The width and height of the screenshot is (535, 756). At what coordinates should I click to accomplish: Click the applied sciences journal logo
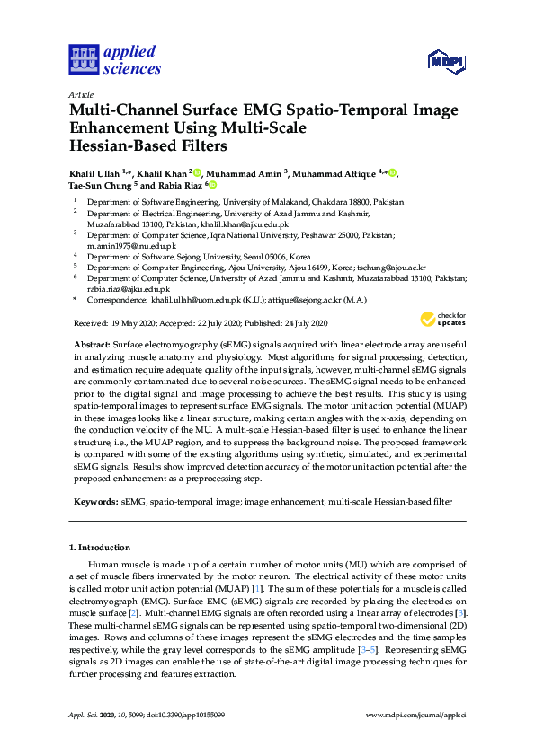coord(115,59)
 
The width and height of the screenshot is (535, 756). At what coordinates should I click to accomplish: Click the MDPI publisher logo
coord(445,60)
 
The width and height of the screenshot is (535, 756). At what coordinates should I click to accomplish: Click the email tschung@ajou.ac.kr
coord(391,268)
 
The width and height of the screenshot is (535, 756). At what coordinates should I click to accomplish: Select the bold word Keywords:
coord(95,503)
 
